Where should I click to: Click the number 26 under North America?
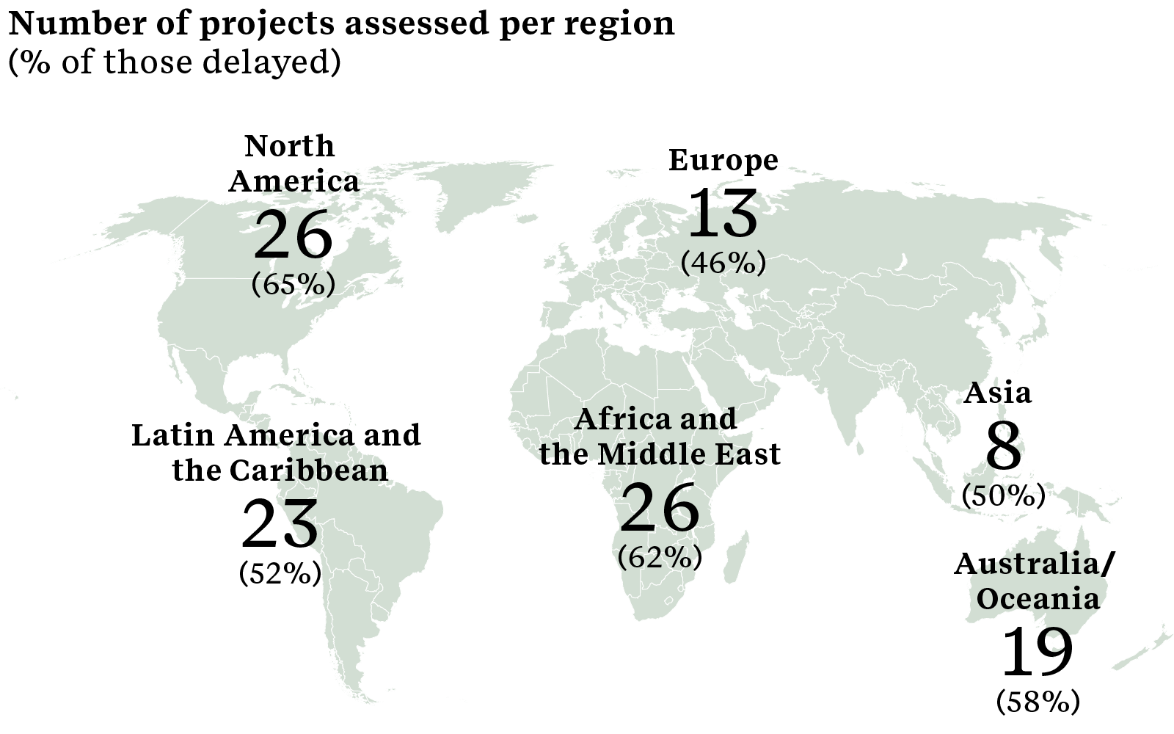[293, 236]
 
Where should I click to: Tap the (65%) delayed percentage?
[293, 285]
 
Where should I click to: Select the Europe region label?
[723, 160]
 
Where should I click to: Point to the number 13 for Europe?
[723, 214]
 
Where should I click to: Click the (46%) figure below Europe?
[723, 263]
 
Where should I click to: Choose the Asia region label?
[997, 393]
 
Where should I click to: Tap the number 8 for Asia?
[1003, 446]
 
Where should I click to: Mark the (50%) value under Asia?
[1003, 496]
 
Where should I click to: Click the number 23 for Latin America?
[280, 524]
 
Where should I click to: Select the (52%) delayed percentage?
[280, 573]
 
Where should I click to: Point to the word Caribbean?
[309, 470]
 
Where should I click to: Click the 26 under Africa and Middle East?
[660, 508]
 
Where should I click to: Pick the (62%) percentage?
[660, 558]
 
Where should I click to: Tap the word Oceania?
[1038, 599]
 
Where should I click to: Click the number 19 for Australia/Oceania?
[1038, 652]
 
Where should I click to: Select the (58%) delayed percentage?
[1038, 702]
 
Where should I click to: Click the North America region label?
[293, 163]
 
